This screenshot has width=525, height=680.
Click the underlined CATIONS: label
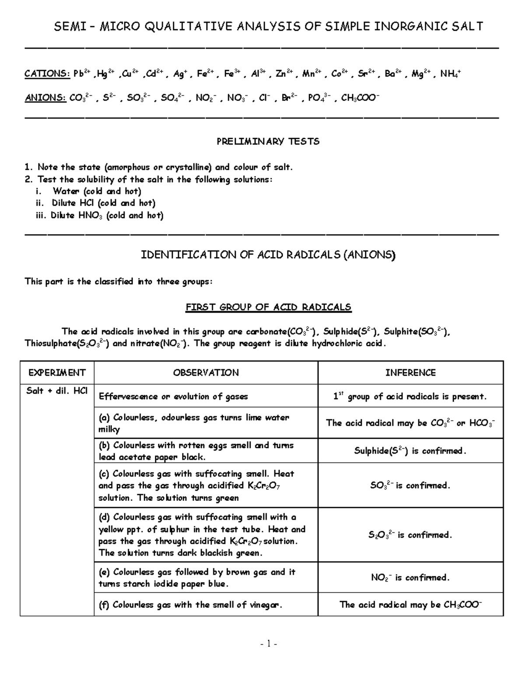point(47,74)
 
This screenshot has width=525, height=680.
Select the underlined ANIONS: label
point(45,98)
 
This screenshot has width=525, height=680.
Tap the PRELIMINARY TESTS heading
point(268,141)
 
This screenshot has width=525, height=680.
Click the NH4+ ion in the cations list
point(450,74)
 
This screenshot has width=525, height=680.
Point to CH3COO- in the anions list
point(360,98)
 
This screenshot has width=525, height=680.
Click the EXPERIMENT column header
point(57,373)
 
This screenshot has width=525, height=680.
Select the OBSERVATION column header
point(206,373)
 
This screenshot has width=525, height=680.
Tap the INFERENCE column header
point(410,373)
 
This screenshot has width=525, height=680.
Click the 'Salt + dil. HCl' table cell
point(57,391)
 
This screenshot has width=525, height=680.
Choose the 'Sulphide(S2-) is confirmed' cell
point(410,451)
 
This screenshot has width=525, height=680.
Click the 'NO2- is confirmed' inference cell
point(410,578)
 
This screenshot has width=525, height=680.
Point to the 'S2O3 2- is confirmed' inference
point(410,535)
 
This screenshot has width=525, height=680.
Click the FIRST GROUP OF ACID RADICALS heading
point(268,307)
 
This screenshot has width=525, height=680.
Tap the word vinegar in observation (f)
point(264,605)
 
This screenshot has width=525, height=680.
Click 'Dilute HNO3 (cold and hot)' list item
point(106,215)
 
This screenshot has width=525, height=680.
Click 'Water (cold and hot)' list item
point(97,191)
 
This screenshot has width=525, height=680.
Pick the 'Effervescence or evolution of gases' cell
point(173,396)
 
